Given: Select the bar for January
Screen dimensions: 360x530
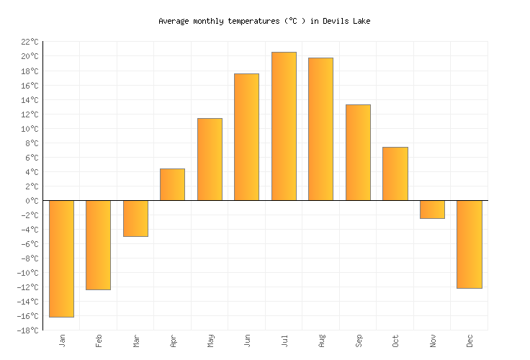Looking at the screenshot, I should [61, 258].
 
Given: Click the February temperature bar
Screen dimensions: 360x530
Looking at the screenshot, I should [98, 245].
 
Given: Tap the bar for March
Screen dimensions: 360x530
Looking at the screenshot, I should [135, 218].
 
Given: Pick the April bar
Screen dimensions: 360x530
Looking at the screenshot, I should [172, 184].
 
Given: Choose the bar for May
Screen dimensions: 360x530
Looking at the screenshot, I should [210, 159].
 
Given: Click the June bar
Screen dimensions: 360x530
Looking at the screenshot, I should [246, 137].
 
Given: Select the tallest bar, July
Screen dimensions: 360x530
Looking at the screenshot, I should [284, 126].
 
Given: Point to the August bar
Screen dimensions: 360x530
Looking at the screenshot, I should [320, 129].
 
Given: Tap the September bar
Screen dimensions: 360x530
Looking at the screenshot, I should [358, 153].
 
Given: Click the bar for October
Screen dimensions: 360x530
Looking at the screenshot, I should [395, 174].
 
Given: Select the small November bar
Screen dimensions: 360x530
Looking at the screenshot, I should [432, 210].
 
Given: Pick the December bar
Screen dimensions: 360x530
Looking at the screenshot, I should [470, 244].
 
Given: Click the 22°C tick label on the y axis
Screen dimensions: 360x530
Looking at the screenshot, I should [29, 42].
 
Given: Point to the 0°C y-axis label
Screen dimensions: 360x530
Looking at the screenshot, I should [31, 201].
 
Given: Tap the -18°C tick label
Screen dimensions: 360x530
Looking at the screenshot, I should [27, 330].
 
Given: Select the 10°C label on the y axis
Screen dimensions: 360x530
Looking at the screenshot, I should [29, 129].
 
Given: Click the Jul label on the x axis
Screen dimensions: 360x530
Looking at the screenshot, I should [284, 340].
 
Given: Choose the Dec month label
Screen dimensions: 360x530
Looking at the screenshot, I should [470, 340].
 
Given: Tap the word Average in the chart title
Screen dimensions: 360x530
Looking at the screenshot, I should [174, 21].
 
